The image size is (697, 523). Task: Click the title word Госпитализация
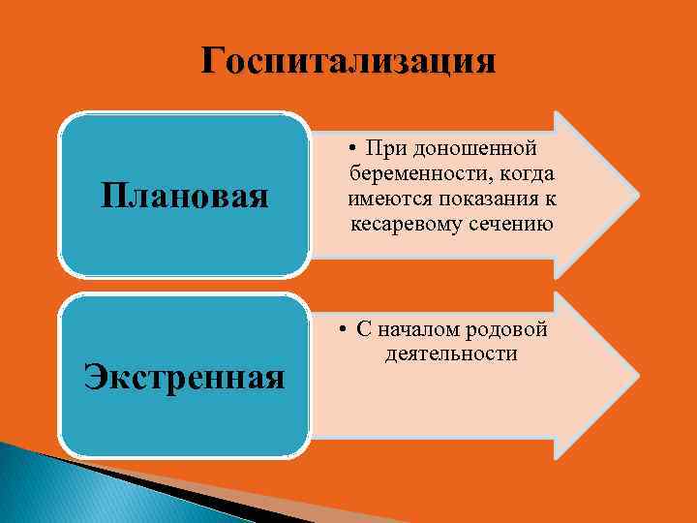(x=348, y=61)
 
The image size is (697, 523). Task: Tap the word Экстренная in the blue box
(x=185, y=375)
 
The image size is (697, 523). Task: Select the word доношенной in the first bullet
(x=474, y=149)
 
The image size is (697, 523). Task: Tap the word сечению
(x=510, y=225)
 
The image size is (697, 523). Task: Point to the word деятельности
(x=451, y=354)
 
